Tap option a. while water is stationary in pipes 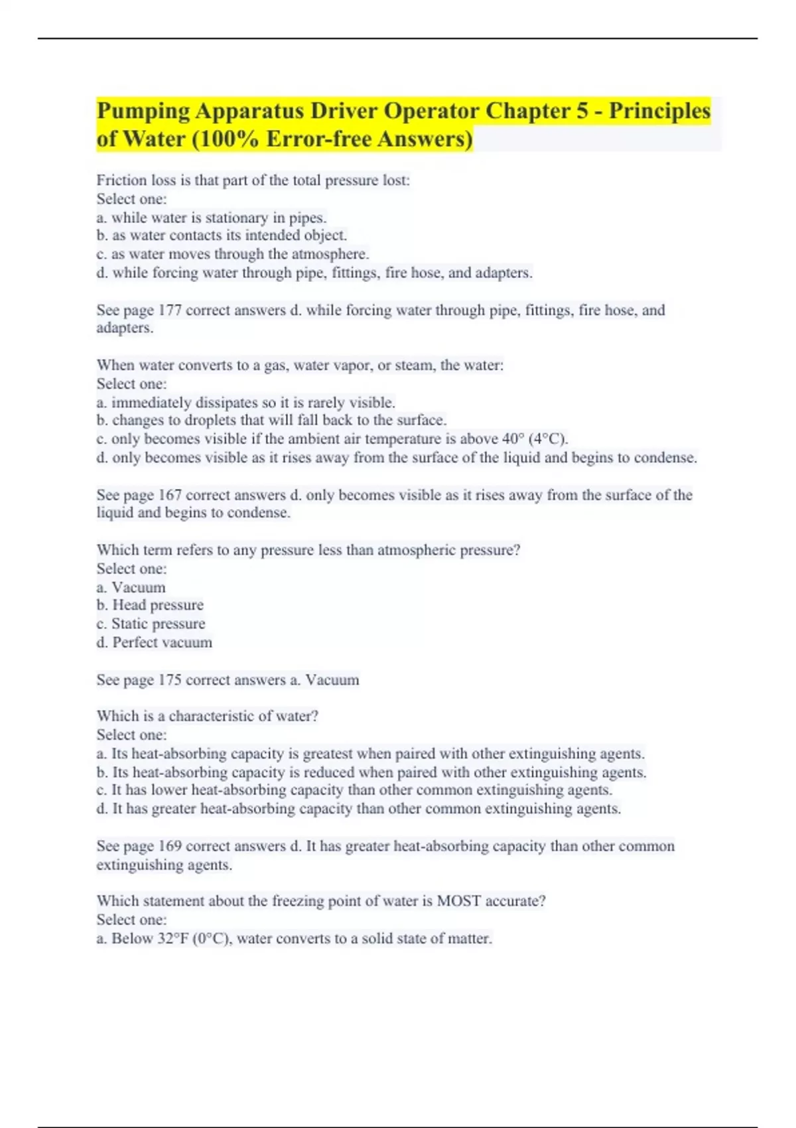click(212, 218)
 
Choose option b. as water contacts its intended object click(222, 236)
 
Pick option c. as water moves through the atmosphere click(233, 254)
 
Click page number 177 click(170, 310)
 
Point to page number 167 click(170, 495)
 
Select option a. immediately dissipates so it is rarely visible click(245, 403)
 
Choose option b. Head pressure click(150, 605)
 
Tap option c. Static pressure click(151, 624)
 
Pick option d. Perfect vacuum click(155, 642)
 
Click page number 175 click(170, 680)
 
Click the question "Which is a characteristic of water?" click(208, 717)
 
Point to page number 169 click(170, 846)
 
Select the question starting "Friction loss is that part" click(253, 180)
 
